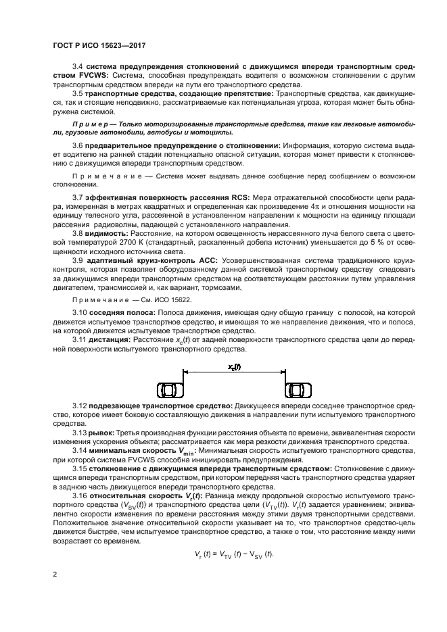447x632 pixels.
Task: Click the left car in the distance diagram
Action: point(168,391)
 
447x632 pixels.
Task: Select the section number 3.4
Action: point(76,67)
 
